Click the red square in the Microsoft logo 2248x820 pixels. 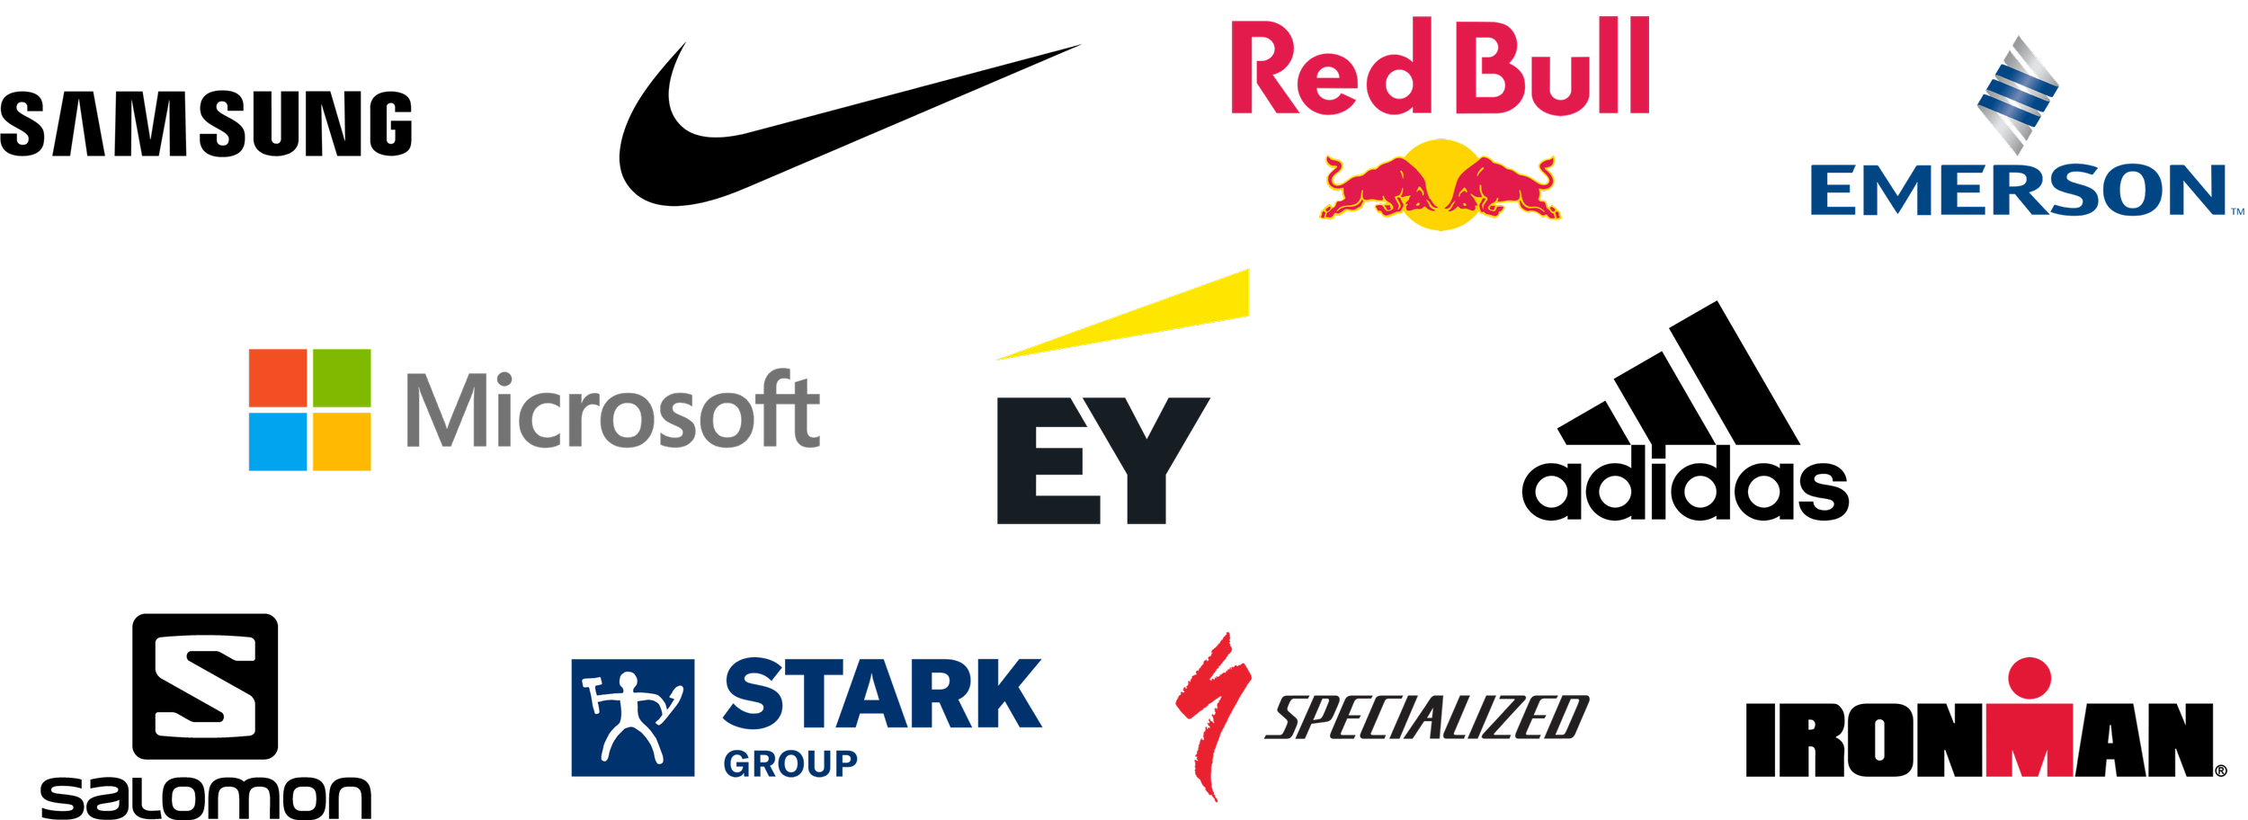pyautogui.click(x=279, y=378)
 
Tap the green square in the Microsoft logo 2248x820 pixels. pyautogui.click(x=342, y=378)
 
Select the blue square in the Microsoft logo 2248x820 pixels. pyautogui.click(x=279, y=450)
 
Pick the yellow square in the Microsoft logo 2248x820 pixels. pyautogui.click(x=342, y=450)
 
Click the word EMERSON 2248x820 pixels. pyautogui.click(x=2018, y=191)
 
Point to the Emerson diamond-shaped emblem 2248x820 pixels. pyautogui.click(x=2018, y=94)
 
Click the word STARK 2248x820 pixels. pyautogui.click(x=881, y=694)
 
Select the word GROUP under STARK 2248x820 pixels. pyautogui.click(x=790, y=763)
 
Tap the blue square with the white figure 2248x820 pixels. pyautogui.click(x=633, y=717)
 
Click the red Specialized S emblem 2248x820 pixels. pyautogui.click(x=1210, y=715)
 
